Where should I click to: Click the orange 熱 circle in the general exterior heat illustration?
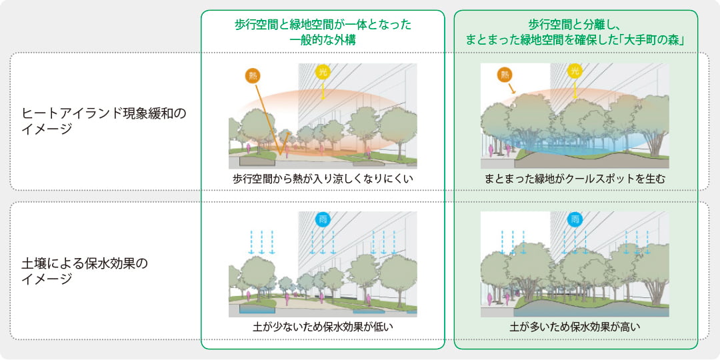[253, 75]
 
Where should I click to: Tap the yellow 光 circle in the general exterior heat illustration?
[323, 72]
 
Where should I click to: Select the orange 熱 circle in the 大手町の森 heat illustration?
[504, 75]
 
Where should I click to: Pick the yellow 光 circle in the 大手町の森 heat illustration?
[574, 71]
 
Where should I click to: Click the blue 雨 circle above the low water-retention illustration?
[323, 219]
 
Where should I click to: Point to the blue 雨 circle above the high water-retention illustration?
[574, 219]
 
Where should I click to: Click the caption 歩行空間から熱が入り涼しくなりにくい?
[323, 179]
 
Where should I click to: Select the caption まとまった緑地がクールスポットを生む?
[575, 179]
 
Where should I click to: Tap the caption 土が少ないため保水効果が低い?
[323, 327]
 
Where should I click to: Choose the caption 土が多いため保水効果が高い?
[575, 327]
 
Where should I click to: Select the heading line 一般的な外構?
[323, 40]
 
